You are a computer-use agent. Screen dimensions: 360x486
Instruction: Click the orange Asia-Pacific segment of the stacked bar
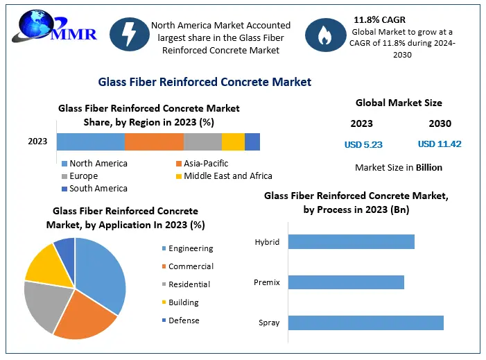pos(154,142)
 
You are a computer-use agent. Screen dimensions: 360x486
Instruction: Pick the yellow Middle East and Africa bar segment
pos(233,142)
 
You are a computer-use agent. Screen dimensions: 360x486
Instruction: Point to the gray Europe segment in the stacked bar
pos(202,142)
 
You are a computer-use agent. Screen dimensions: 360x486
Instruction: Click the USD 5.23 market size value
pos(363,145)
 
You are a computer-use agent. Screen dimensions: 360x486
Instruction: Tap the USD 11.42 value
pos(440,144)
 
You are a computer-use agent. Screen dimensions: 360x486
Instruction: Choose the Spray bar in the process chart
pos(365,323)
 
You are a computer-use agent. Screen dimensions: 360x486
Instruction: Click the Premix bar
pos(346,282)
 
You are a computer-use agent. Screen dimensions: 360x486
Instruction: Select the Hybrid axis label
pos(267,242)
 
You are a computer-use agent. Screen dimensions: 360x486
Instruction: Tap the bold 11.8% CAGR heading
pos(379,19)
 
